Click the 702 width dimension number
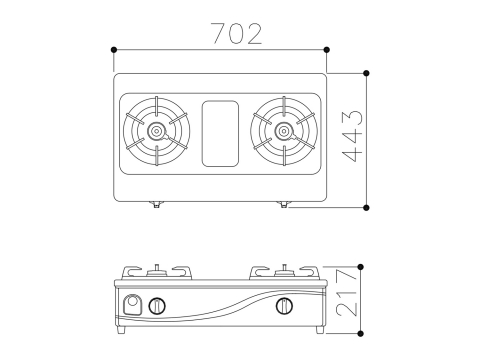pyautogui.click(x=237, y=34)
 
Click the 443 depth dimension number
pyautogui.click(x=352, y=136)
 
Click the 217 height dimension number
pyautogui.click(x=347, y=293)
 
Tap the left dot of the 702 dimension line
pyautogui.click(x=114, y=50)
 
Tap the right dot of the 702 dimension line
pyautogui.click(x=327, y=50)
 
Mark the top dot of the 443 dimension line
pyautogui.click(x=366, y=73)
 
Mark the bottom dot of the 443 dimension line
pyautogui.click(x=366, y=208)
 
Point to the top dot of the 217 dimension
pyautogui.click(x=360, y=267)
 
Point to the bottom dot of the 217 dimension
pyautogui.click(x=360, y=333)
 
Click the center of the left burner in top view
pyautogui.click(x=156, y=131)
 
